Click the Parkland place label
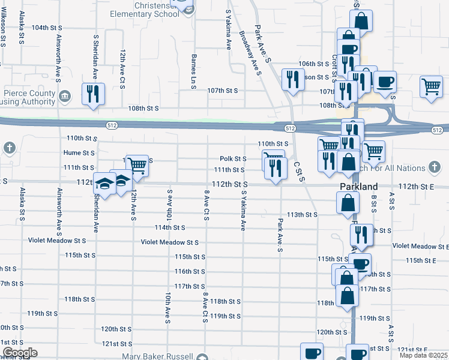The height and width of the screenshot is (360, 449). coord(358,186)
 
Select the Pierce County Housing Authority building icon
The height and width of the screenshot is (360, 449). coord(65,94)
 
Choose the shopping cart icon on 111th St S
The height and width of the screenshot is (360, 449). coord(137,165)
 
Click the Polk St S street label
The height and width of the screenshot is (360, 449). coord(233,159)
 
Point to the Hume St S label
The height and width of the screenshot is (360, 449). coord(79,153)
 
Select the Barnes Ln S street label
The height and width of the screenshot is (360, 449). coord(194,71)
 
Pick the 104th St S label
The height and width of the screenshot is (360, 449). coord(47,28)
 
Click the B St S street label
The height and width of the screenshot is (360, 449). coord(373,203)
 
